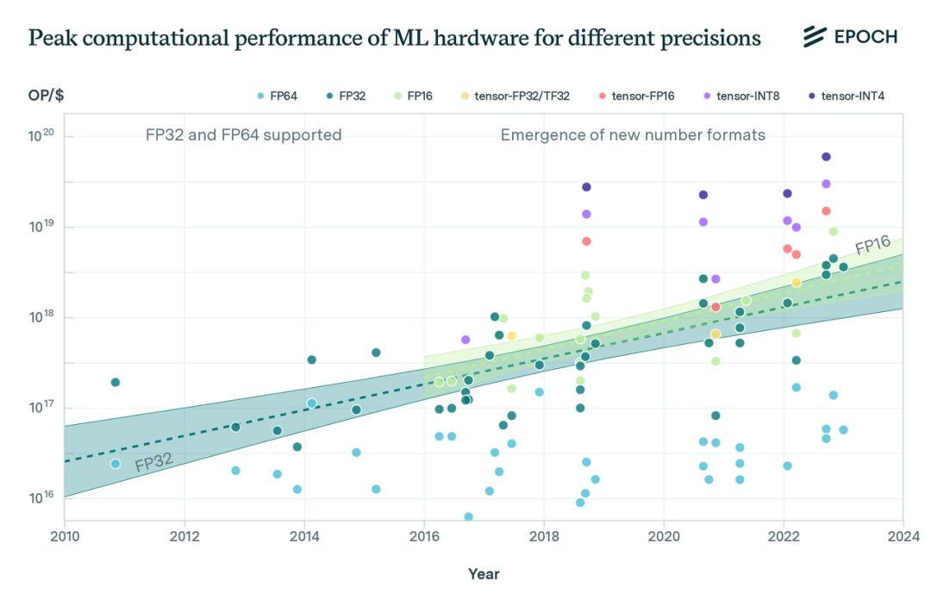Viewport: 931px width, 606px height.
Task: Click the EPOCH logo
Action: point(850,37)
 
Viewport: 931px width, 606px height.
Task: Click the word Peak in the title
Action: point(50,38)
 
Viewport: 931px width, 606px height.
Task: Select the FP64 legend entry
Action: point(277,96)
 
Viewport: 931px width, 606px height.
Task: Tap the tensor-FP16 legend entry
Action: point(634,96)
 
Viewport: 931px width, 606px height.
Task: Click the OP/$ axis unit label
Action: point(47,96)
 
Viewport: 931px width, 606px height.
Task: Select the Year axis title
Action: point(484,573)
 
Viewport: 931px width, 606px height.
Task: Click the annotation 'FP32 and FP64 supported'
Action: point(243,134)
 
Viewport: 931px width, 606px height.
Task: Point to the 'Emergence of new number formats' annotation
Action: point(633,134)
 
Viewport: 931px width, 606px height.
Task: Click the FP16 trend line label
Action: point(872,246)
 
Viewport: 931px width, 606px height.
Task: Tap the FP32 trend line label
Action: point(155,460)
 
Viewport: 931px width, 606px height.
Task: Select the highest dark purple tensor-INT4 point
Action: point(826,157)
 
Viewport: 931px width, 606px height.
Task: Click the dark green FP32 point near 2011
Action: point(116,382)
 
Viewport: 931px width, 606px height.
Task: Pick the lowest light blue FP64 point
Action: point(468,517)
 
